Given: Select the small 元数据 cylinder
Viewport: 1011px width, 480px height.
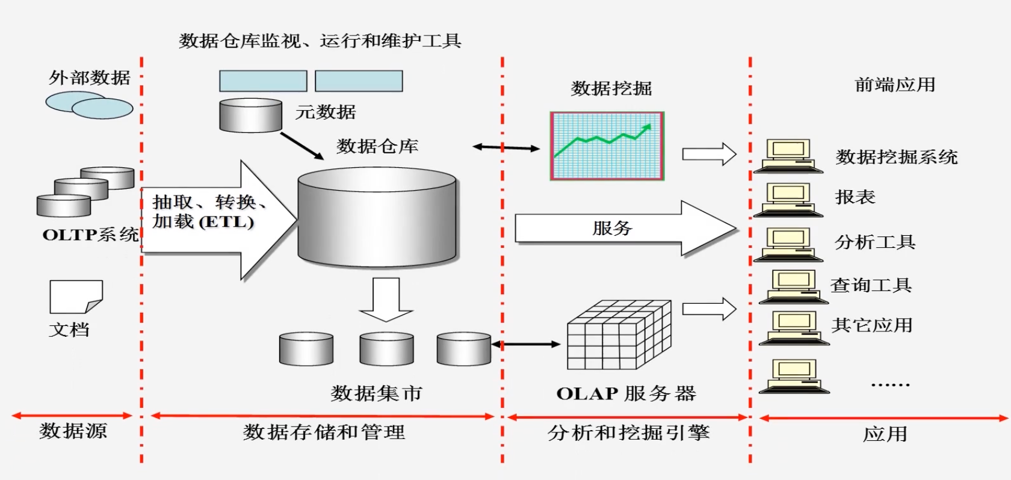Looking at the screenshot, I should tap(250, 115).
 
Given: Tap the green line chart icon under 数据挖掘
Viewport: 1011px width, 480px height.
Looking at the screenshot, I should tap(607, 146).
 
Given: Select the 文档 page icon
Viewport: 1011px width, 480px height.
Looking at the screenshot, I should tap(76, 296).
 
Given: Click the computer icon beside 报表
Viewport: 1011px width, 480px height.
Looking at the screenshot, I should tap(788, 198).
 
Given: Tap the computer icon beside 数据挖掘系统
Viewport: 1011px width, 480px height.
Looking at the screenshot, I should tap(788, 156).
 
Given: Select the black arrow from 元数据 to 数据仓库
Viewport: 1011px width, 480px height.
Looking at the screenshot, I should tap(302, 146).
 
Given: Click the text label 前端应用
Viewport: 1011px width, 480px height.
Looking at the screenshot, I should tap(895, 85).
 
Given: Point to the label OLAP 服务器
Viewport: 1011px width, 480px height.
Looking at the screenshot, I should tap(626, 394).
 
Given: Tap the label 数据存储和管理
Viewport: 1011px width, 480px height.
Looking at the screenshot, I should tap(324, 432).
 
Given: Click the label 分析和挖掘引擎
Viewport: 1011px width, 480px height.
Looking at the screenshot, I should tap(628, 432).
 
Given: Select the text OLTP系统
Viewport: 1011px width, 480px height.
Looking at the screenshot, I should tap(90, 235).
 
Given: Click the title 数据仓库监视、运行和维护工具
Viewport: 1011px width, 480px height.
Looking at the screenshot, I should tap(320, 41).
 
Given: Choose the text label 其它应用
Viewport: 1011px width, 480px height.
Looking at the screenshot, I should tap(872, 325).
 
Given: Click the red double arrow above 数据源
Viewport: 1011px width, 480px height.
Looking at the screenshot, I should tap(72, 416).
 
